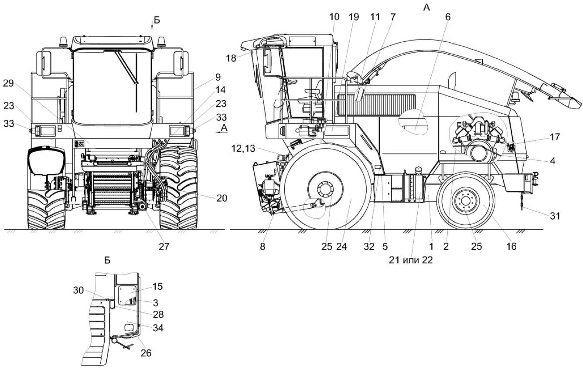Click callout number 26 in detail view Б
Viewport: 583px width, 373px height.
(146, 353)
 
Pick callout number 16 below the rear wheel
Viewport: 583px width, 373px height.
(511, 246)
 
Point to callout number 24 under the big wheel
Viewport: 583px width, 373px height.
(343, 246)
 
